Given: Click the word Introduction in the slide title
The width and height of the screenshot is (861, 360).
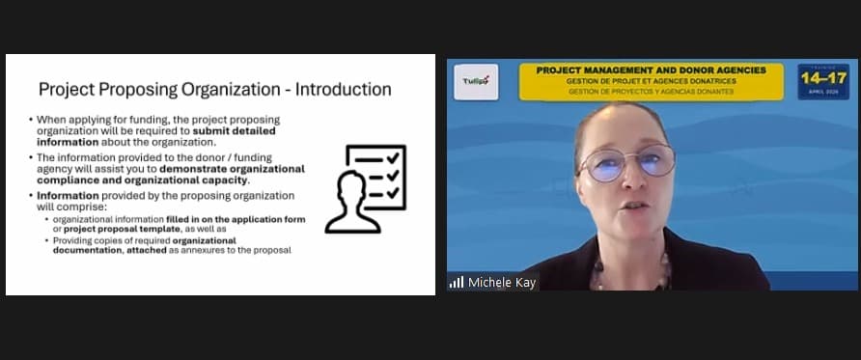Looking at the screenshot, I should point(343,90).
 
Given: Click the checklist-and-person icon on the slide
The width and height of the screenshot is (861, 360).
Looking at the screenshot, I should point(366,188).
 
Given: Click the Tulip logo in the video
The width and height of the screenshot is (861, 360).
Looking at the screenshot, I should point(475,82).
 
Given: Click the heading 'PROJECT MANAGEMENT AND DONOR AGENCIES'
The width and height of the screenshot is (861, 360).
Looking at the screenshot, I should point(651,70).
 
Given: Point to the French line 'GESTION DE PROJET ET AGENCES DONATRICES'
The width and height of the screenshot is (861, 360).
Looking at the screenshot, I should point(651,81).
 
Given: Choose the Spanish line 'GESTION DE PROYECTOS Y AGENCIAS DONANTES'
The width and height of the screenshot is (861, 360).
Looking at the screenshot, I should point(651,92).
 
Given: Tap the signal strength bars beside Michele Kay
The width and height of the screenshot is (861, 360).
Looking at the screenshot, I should point(457,283).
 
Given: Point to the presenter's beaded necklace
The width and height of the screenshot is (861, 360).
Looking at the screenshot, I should point(632,274).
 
